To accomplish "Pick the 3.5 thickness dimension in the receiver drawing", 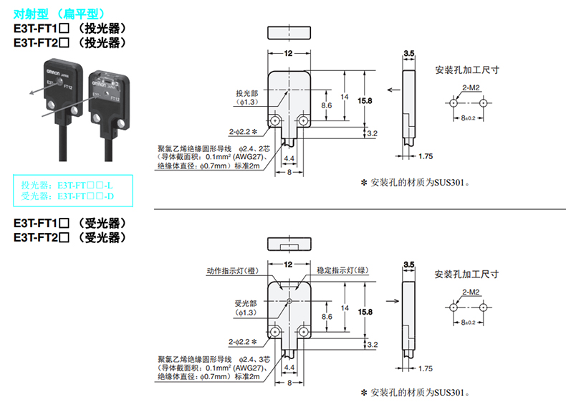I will tap(409, 265).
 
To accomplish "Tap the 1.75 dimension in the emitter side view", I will tap(426, 156).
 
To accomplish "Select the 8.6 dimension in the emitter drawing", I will tap(326, 105).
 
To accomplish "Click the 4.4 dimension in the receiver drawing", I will tap(289, 367).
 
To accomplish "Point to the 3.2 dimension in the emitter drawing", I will tap(371, 134).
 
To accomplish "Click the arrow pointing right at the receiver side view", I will tap(391, 301).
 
